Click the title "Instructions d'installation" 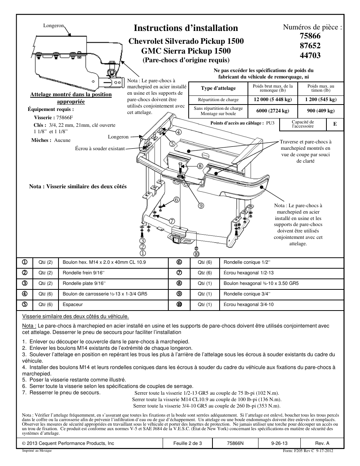tap(186, 28)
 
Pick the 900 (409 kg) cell tap(320, 111)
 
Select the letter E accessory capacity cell tap(335, 124)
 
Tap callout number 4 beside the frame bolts tap(178, 132)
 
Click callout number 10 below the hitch tap(197, 254)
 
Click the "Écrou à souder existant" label tap(100, 149)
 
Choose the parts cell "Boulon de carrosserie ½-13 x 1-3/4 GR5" tap(105, 294)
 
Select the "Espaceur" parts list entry tap(72, 305)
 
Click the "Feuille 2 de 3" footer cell tap(188, 443)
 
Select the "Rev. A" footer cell tap(322, 443)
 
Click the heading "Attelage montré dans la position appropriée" tap(71, 98)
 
